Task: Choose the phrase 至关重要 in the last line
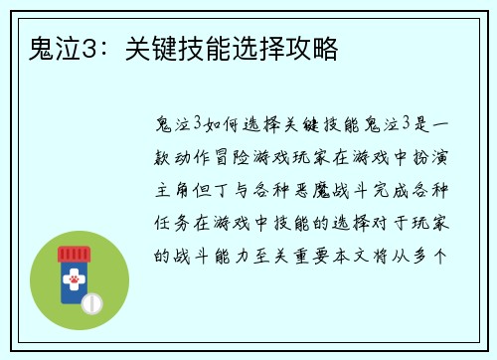288,254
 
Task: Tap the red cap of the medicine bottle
74,253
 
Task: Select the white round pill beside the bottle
92,301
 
